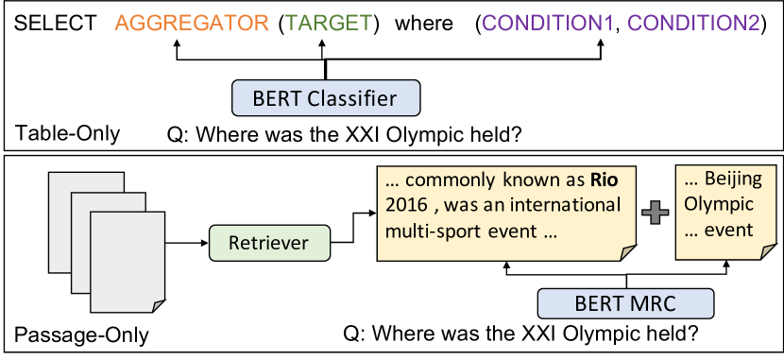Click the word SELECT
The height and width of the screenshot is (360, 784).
point(55,23)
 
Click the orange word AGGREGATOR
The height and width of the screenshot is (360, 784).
point(192,23)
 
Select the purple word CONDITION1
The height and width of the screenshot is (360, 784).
point(547,23)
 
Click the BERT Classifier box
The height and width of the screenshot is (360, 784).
point(326,97)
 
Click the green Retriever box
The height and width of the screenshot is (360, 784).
point(269,243)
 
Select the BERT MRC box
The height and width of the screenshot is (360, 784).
point(625,303)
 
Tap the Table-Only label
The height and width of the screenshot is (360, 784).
point(67,134)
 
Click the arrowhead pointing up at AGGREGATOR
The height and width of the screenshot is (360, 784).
point(177,45)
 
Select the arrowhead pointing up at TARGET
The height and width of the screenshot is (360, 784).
point(322,45)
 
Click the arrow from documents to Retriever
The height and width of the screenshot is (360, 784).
point(186,244)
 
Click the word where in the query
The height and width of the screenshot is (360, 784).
point(424,23)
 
